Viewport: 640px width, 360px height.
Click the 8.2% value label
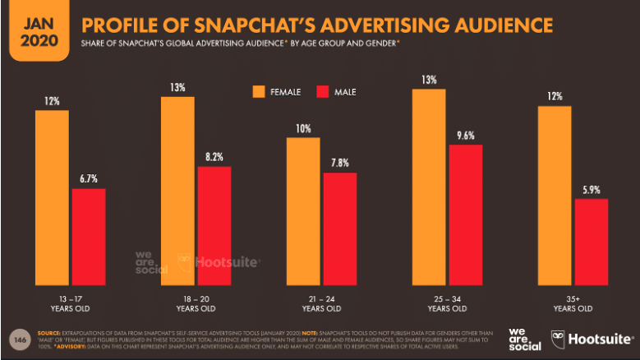point(214,156)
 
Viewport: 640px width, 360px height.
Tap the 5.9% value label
point(591,188)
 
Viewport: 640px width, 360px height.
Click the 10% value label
point(303,127)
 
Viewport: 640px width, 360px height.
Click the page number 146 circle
point(17,338)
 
